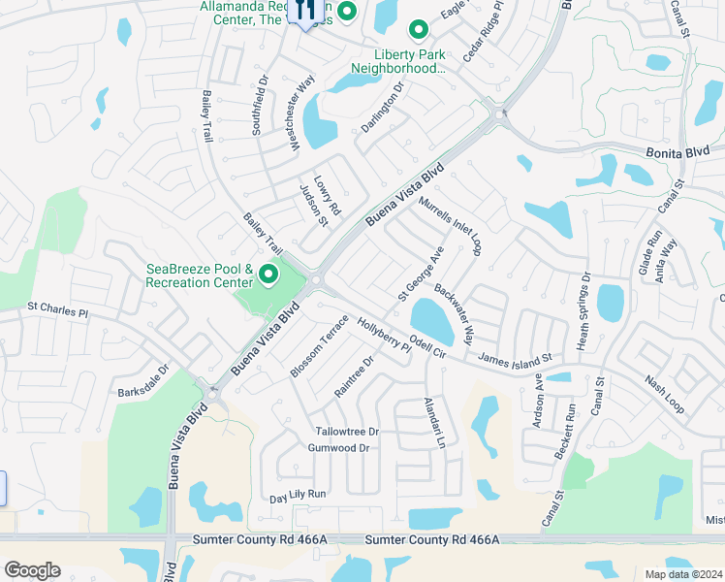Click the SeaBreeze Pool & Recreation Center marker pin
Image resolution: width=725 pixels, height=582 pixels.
click(x=268, y=276)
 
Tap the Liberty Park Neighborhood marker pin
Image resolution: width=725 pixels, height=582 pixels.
click(x=419, y=32)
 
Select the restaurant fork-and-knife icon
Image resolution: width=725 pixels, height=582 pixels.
click(x=305, y=12)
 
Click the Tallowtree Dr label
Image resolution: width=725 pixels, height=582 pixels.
click(x=346, y=431)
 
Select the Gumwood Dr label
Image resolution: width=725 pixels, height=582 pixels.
click(x=338, y=447)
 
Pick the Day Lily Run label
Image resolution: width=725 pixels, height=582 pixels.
click(x=298, y=495)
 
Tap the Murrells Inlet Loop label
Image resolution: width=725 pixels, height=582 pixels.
click(x=451, y=225)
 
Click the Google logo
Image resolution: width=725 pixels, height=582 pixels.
click(x=33, y=570)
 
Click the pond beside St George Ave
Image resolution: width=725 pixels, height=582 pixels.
click(x=432, y=318)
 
